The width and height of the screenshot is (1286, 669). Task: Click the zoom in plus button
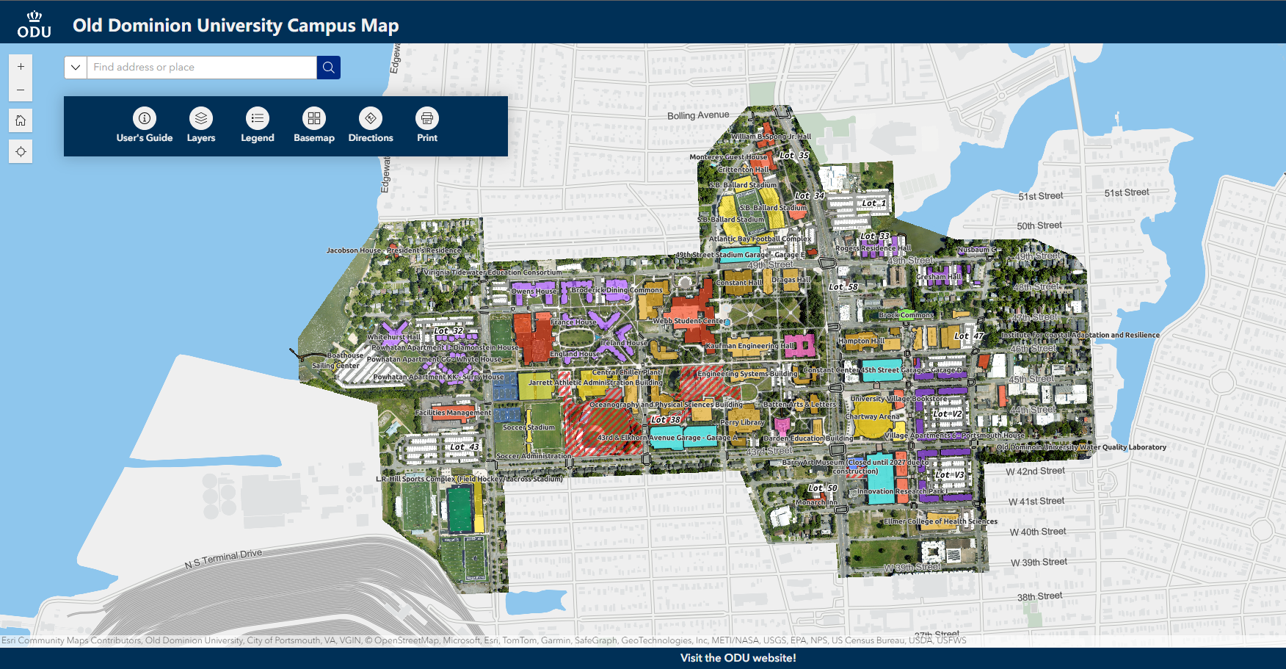pos(21,66)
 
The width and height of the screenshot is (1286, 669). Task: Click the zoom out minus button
pos(21,90)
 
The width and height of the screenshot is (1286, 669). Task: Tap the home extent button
pos(21,120)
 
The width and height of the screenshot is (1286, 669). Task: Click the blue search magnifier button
pos(328,68)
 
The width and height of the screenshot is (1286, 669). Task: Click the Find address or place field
pos(202,68)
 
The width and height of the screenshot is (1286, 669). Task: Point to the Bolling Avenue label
pos(698,115)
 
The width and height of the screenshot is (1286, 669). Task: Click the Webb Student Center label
pos(687,321)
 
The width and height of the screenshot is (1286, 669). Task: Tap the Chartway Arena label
pos(872,416)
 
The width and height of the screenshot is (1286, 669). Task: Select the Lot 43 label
pos(464,446)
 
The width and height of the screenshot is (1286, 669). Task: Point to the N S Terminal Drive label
pos(223,559)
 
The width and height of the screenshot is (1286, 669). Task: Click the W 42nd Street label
pos(1035,471)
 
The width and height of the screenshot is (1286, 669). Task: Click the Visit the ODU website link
pos(738,658)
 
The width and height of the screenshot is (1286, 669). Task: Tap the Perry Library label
pos(742,422)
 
